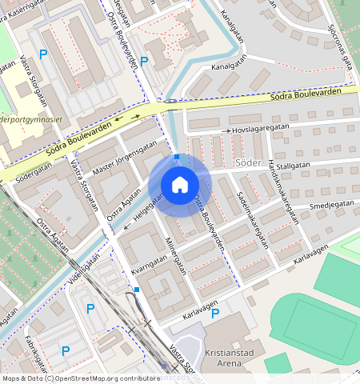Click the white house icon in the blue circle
[179, 185]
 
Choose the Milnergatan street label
[176, 255]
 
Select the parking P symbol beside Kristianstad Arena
[214, 313]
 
